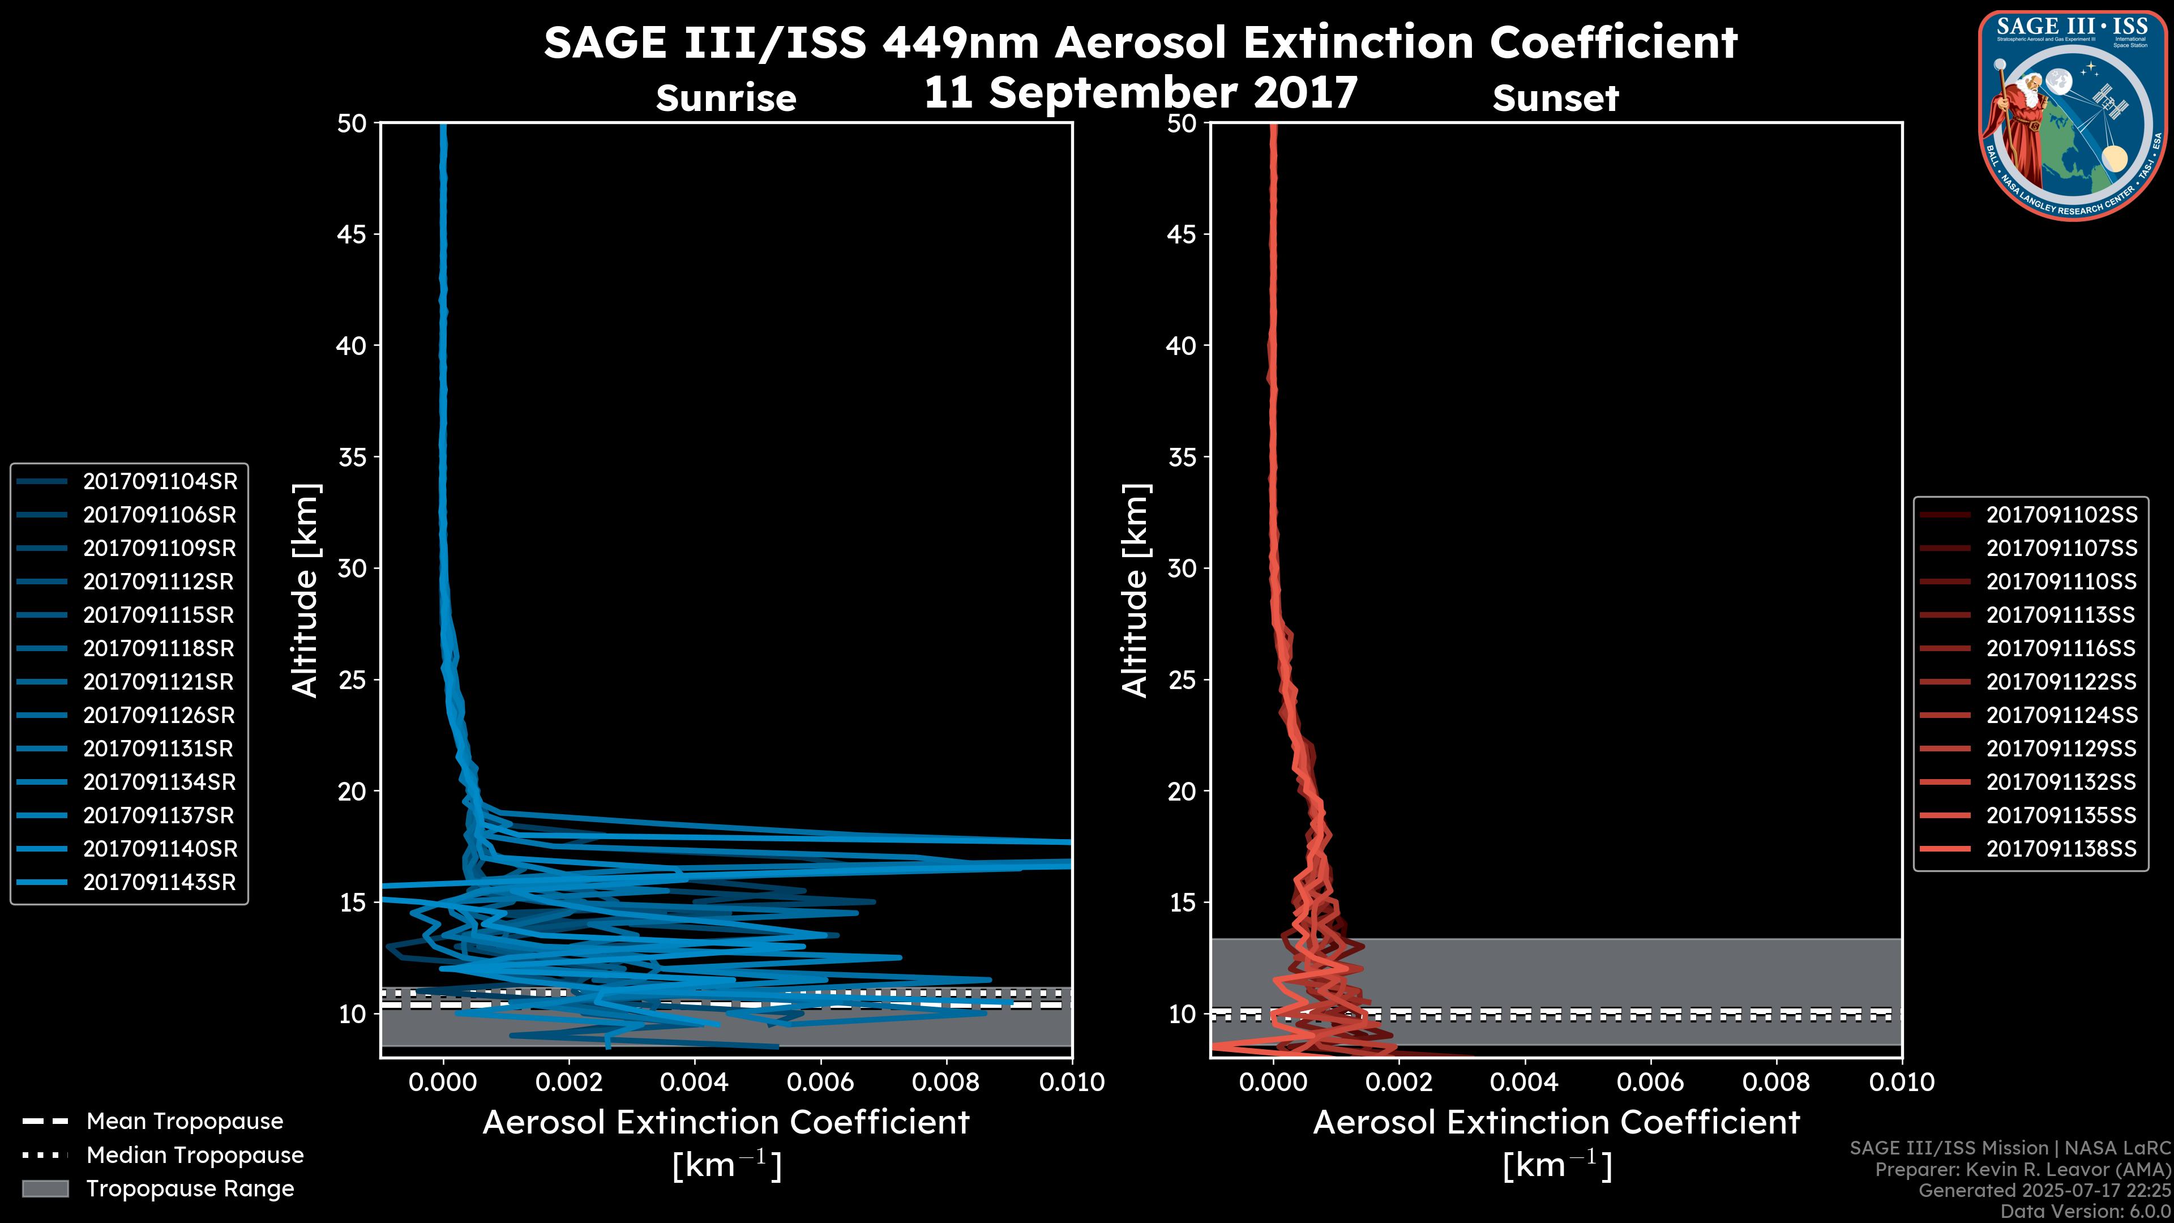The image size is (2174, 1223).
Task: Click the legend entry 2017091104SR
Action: pyautogui.click(x=160, y=481)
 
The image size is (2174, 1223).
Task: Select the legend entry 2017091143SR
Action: pyautogui.click(x=160, y=882)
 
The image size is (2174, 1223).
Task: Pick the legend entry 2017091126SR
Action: pyautogui.click(x=160, y=715)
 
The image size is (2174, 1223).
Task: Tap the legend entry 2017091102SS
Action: pyautogui.click(x=2061, y=515)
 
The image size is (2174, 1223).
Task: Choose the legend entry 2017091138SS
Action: pyautogui.click(x=2061, y=848)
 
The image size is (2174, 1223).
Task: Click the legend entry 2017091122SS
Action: pyautogui.click(x=2061, y=681)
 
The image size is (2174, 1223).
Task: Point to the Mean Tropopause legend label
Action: pyautogui.click(x=185, y=1121)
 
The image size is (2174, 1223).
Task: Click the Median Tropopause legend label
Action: pyautogui.click(x=195, y=1154)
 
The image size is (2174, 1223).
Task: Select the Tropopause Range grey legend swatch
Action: pyautogui.click(x=45, y=1188)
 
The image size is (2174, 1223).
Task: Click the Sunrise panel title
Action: pyautogui.click(x=726, y=99)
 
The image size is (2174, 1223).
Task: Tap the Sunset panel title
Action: pyautogui.click(x=1555, y=99)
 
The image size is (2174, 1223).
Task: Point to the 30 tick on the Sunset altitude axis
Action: pyautogui.click(x=1182, y=568)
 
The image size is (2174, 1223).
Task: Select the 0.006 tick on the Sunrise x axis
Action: pyautogui.click(x=821, y=1082)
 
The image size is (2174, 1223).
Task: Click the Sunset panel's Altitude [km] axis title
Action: pyautogui.click(x=1135, y=591)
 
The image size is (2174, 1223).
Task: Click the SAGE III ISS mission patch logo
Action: pyautogui.click(x=2073, y=115)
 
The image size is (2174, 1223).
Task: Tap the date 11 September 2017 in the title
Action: pyautogui.click(x=1140, y=92)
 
